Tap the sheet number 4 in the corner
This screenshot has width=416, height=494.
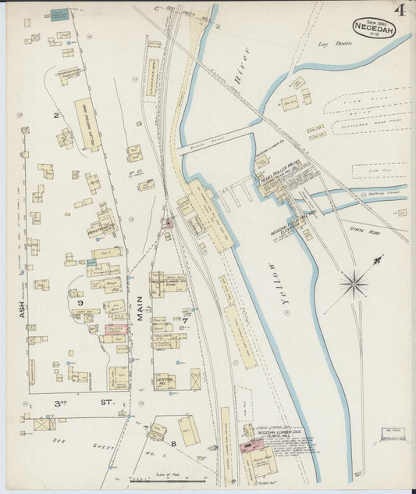point(400,10)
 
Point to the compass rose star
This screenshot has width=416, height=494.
point(354,283)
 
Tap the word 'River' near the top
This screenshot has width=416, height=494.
point(240,64)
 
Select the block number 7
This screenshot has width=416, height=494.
point(185,320)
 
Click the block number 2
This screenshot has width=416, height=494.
point(55,115)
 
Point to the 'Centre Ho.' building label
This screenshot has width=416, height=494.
point(164,380)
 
